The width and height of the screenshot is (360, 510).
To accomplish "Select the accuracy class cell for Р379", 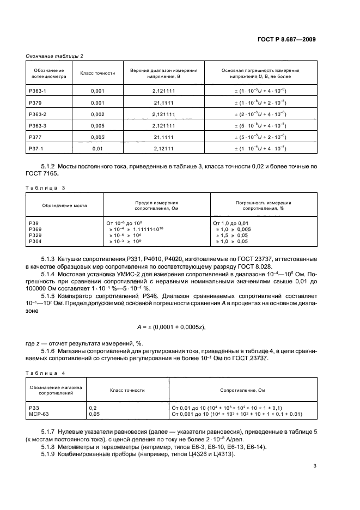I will point(97,102).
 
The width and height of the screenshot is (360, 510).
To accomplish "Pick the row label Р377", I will point(35,137).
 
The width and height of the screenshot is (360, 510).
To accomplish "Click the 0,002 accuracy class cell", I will point(97,114).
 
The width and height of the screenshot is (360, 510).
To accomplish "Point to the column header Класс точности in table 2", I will point(97,73).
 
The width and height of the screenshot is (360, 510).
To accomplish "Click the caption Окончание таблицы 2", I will point(55,56).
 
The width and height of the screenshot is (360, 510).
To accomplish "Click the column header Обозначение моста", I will point(64,205).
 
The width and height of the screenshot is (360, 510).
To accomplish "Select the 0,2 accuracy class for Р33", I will point(93,408).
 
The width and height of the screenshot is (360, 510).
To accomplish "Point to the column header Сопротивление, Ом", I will point(242,391).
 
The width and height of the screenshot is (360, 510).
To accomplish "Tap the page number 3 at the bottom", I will point(315,466).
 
